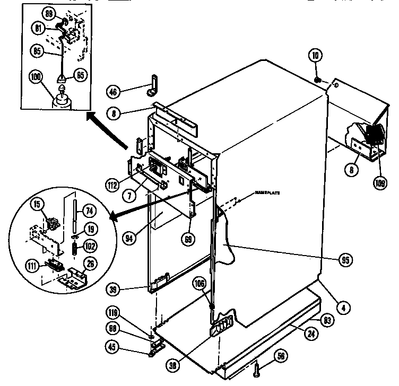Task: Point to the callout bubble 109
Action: click(380, 183)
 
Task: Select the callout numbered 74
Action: click(90, 210)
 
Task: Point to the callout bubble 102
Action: click(91, 246)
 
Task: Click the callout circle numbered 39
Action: click(128, 289)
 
